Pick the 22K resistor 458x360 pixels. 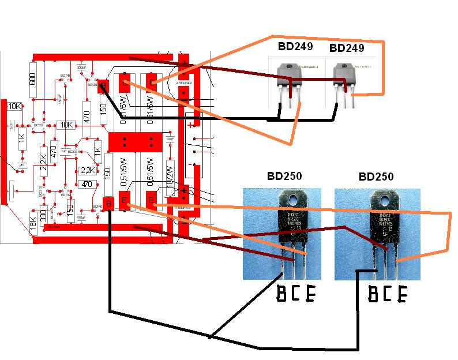click(43, 157)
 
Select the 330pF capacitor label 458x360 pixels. click(81, 67)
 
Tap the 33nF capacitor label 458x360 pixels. click(170, 139)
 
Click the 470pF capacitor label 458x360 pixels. click(80, 217)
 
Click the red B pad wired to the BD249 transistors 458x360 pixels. click(103, 86)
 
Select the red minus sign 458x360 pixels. click(190, 165)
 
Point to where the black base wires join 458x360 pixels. click(211, 336)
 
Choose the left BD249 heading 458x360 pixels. click(295, 47)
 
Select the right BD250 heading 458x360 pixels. click(376, 177)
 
